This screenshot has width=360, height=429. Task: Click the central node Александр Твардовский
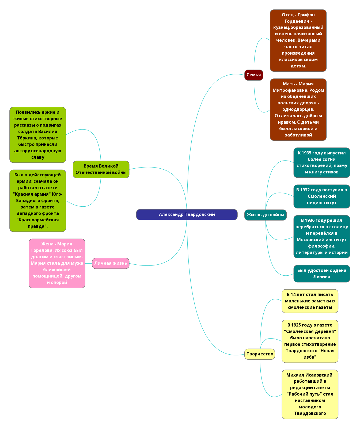pyautogui.click(x=187, y=215)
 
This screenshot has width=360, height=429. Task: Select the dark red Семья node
pyautogui.click(x=253, y=75)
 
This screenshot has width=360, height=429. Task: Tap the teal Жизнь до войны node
pyautogui.click(x=265, y=215)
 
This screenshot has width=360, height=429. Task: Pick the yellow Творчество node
pyautogui.click(x=260, y=354)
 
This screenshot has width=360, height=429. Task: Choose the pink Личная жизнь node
pyautogui.click(x=111, y=263)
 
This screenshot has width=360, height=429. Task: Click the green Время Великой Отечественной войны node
pyautogui.click(x=101, y=169)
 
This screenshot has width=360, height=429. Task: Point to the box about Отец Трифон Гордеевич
pyautogui.click(x=298, y=40)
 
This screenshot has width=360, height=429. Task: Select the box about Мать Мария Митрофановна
pyautogui.click(x=298, y=109)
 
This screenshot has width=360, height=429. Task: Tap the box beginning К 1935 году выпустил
pyautogui.click(x=321, y=162)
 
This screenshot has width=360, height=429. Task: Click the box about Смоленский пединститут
pyautogui.click(x=321, y=196)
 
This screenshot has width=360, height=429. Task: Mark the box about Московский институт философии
pyautogui.click(x=321, y=237)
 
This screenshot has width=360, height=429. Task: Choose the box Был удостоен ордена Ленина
pyautogui.click(x=321, y=274)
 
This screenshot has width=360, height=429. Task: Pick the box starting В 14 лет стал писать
pyautogui.click(x=310, y=301)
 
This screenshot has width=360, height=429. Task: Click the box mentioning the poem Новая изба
pyautogui.click(x=310, y=341)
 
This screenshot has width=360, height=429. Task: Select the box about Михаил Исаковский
pyautogui.click(x=310, y=394)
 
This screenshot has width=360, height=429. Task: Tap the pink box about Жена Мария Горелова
pyautogui.click(x=57, y=263)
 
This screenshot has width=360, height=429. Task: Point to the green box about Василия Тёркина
pyautogui.click(x=37, y=135)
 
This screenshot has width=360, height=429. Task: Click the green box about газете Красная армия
pyautogui.click(x=37, y=201)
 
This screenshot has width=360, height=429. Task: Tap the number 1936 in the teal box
pyautogui.click(x=309, y=221)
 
